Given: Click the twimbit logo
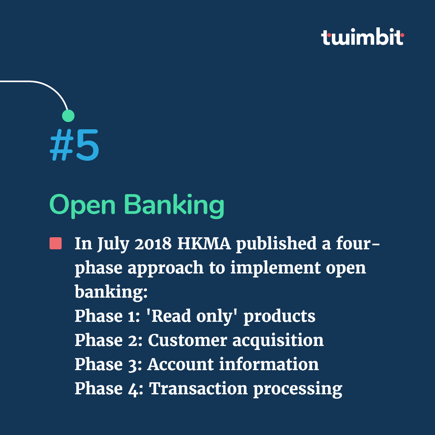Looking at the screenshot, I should click(x=362, y=37).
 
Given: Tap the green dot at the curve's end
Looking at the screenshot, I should click(x=68, y=116).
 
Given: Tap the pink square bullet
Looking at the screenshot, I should click(x=56, y=244).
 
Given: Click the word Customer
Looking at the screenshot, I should click(x=187, y=340).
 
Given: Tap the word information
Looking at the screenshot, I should click(x=269, y=365).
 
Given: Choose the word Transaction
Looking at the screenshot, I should click(x=198, y=389).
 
